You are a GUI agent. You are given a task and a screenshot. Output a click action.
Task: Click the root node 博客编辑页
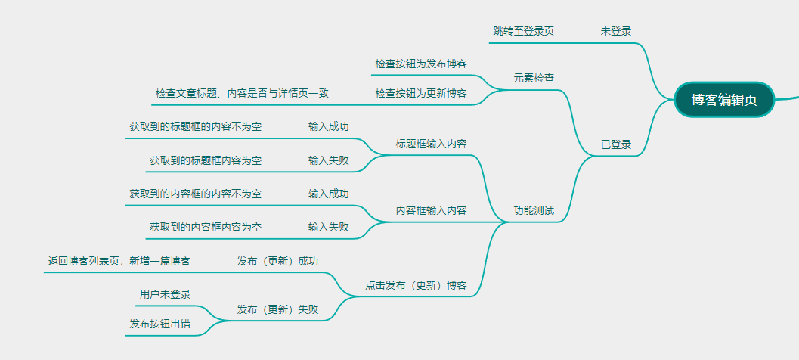pyautogui.click(x=724, y=101)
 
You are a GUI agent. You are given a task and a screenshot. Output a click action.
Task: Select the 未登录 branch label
pyautogui.click(x=616, y=31)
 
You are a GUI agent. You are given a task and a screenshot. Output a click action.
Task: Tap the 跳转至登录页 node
pyautogui.click(x=523, y=31)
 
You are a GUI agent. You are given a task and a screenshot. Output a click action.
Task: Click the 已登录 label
pyautogui.click(x=616, y=144)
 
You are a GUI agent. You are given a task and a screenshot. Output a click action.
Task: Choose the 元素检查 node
pyautogui.click(x=534, y=78)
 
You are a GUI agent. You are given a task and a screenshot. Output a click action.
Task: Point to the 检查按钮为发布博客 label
pyautogui.click(x=420, y=64)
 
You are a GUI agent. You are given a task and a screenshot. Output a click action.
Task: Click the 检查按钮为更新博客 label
pyautogui.click(x=420, y=93)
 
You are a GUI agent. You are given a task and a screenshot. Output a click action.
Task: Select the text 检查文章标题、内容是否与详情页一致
pyautogui.click(x=242, y=93)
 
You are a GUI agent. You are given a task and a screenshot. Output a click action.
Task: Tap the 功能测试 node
pyautogui.click(x=534, y=210)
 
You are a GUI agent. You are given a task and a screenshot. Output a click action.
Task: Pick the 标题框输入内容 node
pyautogui.click(x=431, y=144)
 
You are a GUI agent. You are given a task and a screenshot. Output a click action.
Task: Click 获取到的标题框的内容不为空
pyautogui.click(x=195, y=126)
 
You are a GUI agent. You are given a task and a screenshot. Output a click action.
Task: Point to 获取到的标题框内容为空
pyautogui.click(x=206, y=160)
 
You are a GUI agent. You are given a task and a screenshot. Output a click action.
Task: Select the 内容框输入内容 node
pyautogui.click(x=431, y=210)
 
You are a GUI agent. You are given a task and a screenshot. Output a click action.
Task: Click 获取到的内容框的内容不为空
pyautogui.click(x=195, y=194)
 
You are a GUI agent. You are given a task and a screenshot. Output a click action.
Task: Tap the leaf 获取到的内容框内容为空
pyautogui.click(x=206, y=227)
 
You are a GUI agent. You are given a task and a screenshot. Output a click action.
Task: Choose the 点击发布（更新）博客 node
pyautogui.click(x=416, y=285)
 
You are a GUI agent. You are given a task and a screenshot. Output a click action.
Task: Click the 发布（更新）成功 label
pyautogui.click(x=277, y=261)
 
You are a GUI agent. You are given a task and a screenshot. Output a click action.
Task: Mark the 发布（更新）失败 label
pyautogui.click(x=277, y=309)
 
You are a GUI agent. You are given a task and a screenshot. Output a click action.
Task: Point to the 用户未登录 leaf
pyautogui.click(x=165, y=294)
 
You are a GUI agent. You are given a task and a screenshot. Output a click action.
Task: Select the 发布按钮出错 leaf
pyautogui.click(x=159, y=324)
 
